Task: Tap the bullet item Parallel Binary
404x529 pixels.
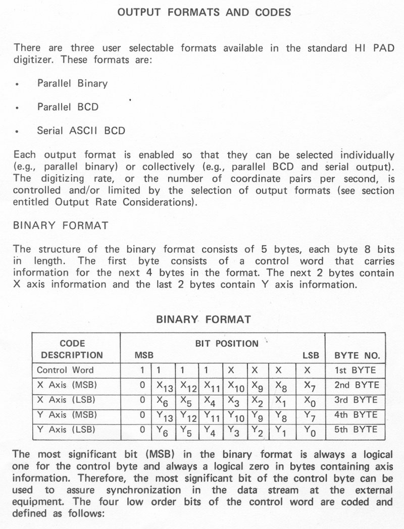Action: click(x=72, y=83)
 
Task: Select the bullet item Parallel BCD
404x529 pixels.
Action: click(x=68, y=107)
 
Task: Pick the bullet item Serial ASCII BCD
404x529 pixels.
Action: click(x=81, y=131)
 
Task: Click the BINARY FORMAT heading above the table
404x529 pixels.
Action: click(x=204, y=319)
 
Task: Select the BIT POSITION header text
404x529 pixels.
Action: click(x=226, y=344)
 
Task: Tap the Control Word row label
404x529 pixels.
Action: click(x=65, y=370)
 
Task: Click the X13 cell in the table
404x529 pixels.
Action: click(x=164, y=387)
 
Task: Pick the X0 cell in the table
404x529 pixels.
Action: click(x=307, y=402)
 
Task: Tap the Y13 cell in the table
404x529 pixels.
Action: click(x=164, y=416)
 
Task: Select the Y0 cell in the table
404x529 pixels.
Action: click(x=307, y=432)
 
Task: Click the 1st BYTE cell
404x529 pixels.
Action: click(x=356, y=370)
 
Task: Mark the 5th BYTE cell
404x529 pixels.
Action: click(x=356, y=430)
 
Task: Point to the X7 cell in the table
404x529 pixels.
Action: click(x=308, y=387)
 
